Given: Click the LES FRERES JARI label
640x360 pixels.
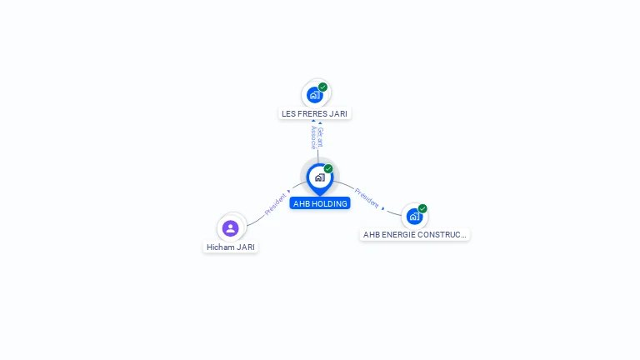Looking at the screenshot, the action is (x=314, y=113).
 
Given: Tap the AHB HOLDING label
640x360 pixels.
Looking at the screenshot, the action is (x=320, y=203).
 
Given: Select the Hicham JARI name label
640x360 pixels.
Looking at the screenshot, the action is (x=231, y=247).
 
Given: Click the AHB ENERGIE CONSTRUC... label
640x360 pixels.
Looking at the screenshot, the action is (x=414, y=235).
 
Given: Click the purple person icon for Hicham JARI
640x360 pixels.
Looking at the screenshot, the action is (x=231, y=227).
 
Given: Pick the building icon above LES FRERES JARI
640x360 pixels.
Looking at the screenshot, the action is (x=314, y=95).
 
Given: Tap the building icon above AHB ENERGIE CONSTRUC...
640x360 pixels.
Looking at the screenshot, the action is (x=413, y=217).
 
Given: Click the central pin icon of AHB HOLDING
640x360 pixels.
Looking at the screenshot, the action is (x=319, y=177).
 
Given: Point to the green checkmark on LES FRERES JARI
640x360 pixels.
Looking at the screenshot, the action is (x=322, y=87).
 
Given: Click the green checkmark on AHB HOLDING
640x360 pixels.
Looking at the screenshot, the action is (x=328, y=168).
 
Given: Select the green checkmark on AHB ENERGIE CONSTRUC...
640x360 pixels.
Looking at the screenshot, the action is (x=422, y=208).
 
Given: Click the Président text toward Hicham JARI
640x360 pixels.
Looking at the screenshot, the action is (x=275, y=205).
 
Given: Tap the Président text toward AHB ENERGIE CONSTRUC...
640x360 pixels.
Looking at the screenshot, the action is (x=367, y=197).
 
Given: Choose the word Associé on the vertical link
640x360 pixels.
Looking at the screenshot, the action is (x=313, y=137).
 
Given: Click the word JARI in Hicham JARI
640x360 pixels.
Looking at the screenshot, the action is (x=244, y=247).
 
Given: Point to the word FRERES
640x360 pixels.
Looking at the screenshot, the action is (x=312, y=113).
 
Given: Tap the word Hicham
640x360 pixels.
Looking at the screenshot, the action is (x=220, y=247).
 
